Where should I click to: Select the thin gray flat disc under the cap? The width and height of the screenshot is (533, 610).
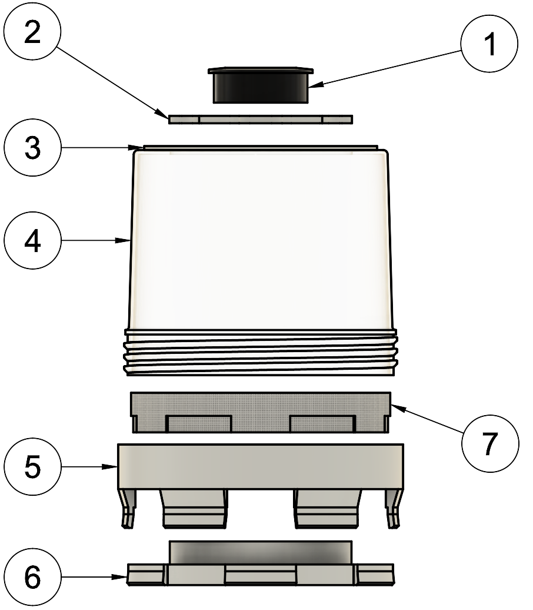click(261, 119)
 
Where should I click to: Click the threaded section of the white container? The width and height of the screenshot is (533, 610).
click(261, 353)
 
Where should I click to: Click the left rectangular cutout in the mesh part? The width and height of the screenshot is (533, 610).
click(199, 423)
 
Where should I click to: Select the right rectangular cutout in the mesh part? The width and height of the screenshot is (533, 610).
click(322, 423)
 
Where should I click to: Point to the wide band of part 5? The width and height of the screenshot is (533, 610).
click(261, 465)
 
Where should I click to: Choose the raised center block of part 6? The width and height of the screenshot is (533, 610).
click(261, 552)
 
